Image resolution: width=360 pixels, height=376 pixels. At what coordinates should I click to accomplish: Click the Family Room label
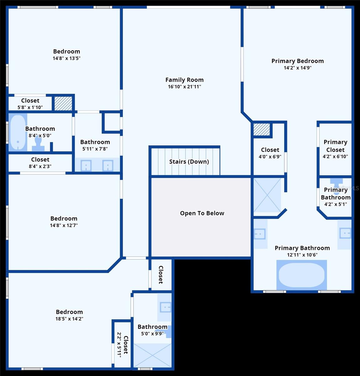(x=184, y=80)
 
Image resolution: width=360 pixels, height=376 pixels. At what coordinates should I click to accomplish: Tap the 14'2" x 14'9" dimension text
(x=297, y=68)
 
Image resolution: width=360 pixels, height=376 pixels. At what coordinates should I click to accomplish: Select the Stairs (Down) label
(x=189, y=162)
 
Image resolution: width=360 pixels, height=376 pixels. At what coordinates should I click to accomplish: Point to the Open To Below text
(x=202, y=213)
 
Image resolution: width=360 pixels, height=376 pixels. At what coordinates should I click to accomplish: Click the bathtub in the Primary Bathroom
(x=301, y=275)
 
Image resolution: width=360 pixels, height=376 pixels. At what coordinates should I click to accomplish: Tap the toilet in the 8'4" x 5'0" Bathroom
(x=38, y=144)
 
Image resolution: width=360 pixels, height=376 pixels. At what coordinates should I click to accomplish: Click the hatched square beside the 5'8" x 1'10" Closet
(x=63, y=103)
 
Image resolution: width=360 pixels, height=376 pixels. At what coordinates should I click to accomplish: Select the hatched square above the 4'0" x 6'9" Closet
(x=262, y=129)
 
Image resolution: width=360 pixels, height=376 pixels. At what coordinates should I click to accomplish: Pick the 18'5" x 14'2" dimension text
(x=69, y=319)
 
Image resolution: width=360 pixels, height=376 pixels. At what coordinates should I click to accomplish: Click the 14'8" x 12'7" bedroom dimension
(x=64, y=225)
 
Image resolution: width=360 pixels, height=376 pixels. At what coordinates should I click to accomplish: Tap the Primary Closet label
(x=335, y=146)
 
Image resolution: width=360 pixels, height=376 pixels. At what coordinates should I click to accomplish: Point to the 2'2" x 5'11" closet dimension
(x=119, y=345)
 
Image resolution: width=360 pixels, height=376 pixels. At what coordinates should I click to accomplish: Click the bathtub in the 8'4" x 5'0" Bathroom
(x=18, y=132)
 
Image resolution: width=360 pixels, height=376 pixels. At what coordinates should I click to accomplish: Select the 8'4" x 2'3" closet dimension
(x=40, y=166)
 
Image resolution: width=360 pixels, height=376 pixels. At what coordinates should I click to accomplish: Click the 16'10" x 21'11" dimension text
(x=184, y=86)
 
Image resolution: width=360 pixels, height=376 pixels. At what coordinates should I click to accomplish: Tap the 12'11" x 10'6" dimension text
(x=302, y=255)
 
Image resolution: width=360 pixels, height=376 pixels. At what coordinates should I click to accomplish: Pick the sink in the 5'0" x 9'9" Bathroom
(x=166, y=307)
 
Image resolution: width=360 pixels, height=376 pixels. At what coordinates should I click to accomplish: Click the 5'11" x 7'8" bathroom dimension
(x=95, y=149)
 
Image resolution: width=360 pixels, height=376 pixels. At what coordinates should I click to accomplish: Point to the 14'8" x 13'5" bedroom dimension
(x=66, y=58)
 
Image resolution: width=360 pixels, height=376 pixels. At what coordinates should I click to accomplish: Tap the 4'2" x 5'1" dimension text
(x=336, y=204)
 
